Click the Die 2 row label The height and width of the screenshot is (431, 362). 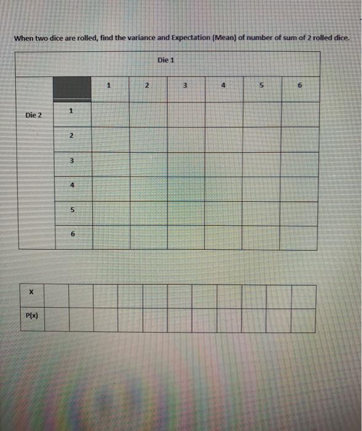pos(34,115)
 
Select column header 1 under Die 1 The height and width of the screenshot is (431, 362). pos(108,86)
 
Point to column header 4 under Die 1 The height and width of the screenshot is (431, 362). pos(223,86)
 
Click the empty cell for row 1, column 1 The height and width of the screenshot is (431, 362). pos(111,114)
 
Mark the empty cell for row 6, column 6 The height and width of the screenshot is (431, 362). pos(299,237)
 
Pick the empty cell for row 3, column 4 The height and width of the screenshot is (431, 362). pos(223,163)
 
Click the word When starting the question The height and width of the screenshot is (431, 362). pos(23,38)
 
